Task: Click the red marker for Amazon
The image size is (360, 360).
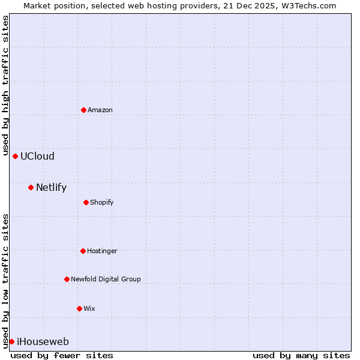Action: coord(83,110)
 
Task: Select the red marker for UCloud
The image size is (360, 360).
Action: coord(15,156)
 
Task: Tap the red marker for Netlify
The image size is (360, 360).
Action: coord(31,187)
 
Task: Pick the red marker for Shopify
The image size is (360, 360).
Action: coord(86,202)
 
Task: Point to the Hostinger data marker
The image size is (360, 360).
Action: coord(83,251)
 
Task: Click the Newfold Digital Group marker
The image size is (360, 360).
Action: coord(67,279)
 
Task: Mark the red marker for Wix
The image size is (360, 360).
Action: coord(79,308)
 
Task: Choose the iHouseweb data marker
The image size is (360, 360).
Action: coord(11,341)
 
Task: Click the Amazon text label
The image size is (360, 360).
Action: coord(100,110)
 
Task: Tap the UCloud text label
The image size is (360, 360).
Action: coord(37,157)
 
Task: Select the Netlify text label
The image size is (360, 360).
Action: coord(51,188)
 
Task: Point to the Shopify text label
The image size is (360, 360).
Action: coord(102,203)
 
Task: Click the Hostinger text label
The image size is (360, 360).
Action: coord(102,251)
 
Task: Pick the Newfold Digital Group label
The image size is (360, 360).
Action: coord(106,280)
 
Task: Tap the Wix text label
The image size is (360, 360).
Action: coord(89,309)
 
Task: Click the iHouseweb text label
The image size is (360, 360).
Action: coord(43,342)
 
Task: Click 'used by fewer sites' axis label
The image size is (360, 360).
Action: coord(62,355)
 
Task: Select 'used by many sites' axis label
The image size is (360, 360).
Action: coord(301,355)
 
